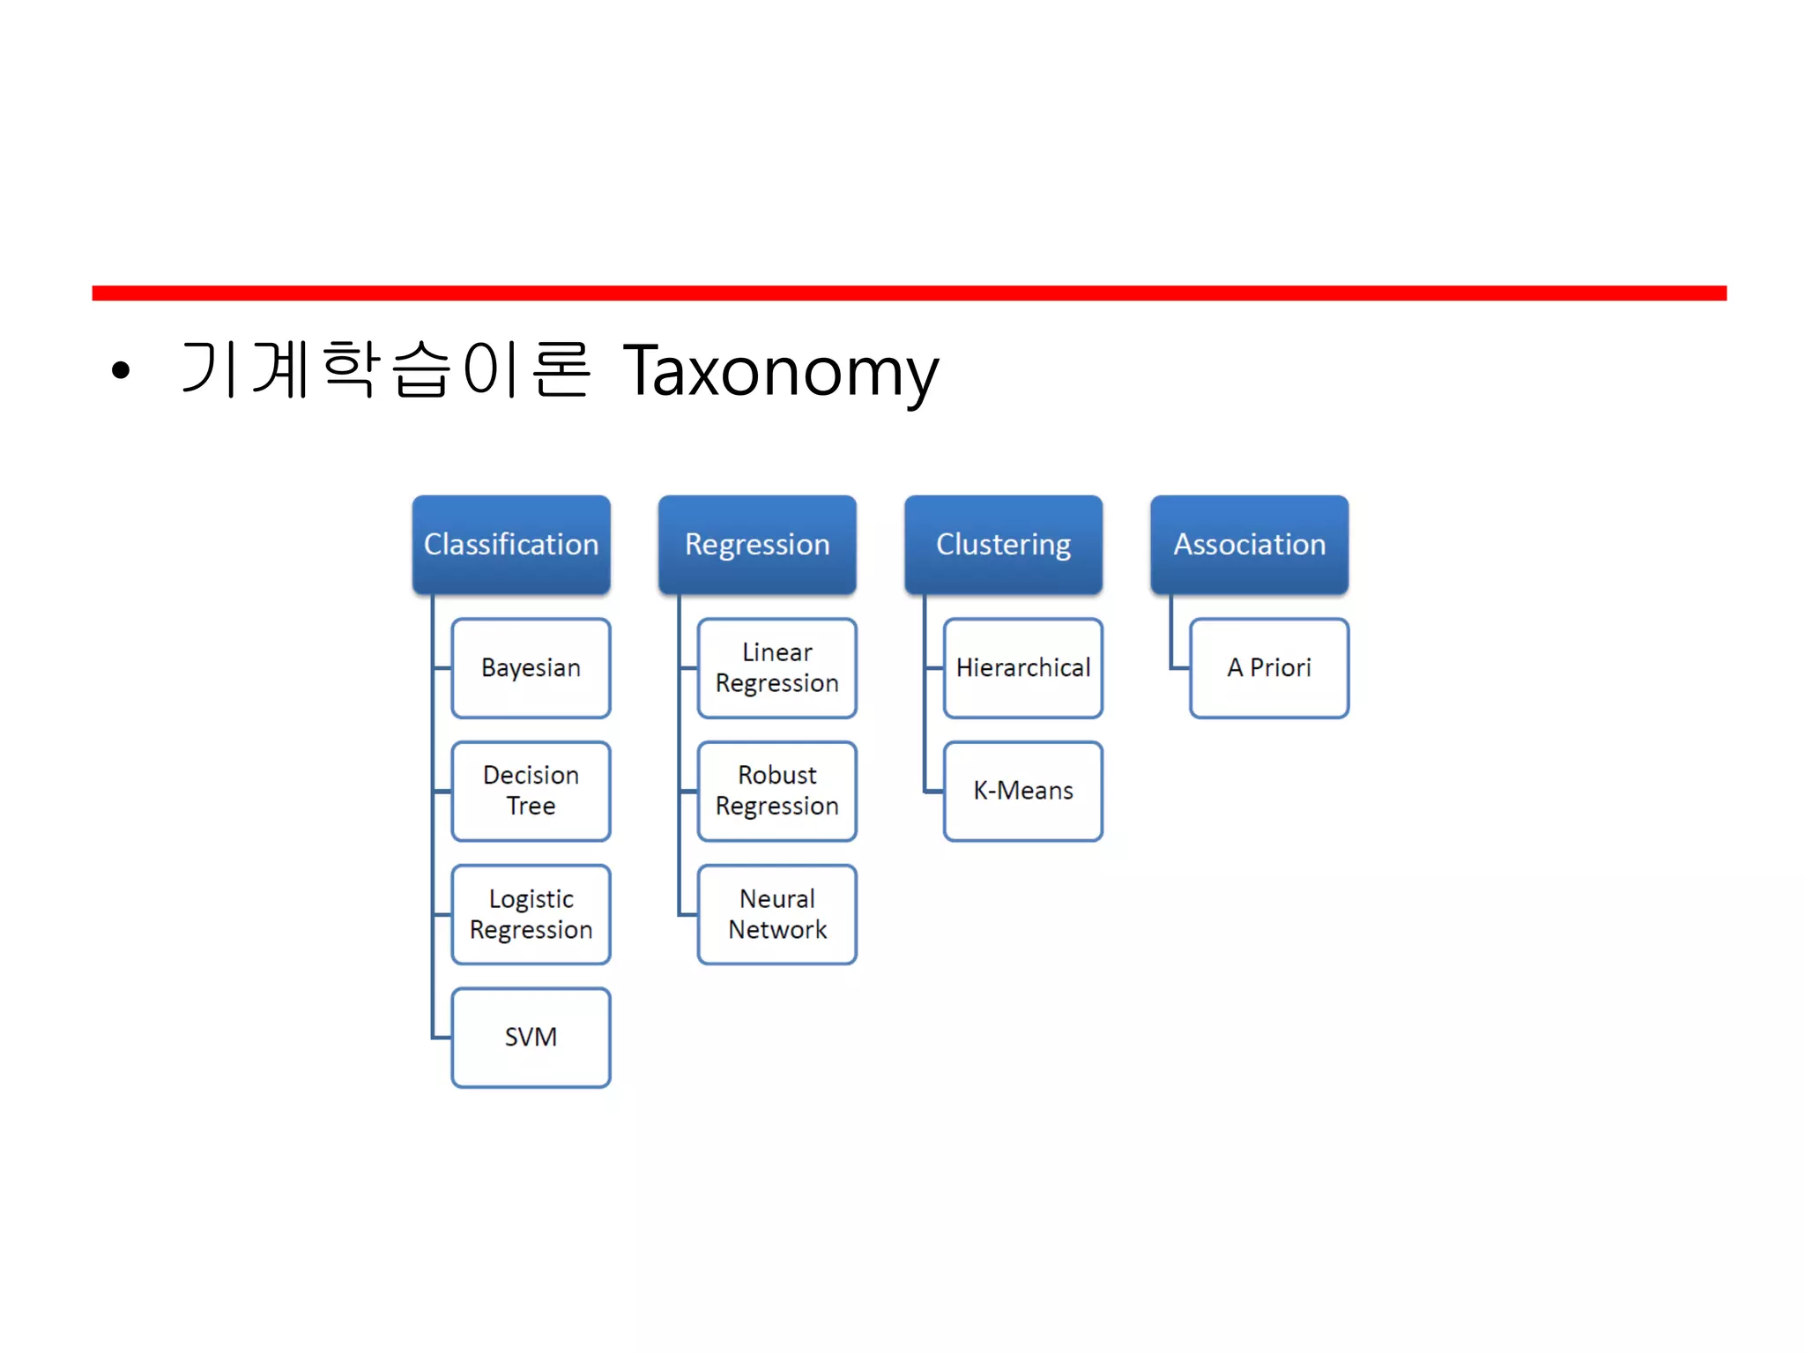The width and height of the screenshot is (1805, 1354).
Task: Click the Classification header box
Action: click(511, 544)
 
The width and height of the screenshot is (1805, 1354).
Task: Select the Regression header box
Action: click(757, 544)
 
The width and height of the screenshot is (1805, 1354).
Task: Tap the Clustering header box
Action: click(1003, 544)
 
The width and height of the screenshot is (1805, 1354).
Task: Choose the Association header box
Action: click(1249, 544)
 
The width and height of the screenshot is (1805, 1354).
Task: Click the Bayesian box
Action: click(531, 667)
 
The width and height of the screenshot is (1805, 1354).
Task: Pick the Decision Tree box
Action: click(531, 791)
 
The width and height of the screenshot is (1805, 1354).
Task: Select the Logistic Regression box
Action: click(531, 914)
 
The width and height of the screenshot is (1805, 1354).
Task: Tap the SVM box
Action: click(531, 1037)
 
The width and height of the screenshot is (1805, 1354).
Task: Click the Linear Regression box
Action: click(776, 667)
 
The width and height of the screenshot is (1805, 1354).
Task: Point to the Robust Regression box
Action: click(776, 791)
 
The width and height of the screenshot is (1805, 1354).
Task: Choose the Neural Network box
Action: click(776, 914)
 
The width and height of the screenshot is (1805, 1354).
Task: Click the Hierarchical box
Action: click(1022, 667)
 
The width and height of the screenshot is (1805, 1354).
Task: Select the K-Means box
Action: click(1022, 791)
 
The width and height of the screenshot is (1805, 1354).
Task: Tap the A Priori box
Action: click(1268, 667)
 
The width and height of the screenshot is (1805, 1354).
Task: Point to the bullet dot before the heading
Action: click(121, 371)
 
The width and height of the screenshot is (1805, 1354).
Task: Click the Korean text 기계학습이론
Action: click(384, 369)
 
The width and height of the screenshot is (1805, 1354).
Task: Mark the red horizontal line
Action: click(908, 293)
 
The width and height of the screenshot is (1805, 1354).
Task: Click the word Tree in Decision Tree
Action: click(531, 806)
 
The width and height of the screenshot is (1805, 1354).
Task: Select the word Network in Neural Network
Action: click(777, 929)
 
